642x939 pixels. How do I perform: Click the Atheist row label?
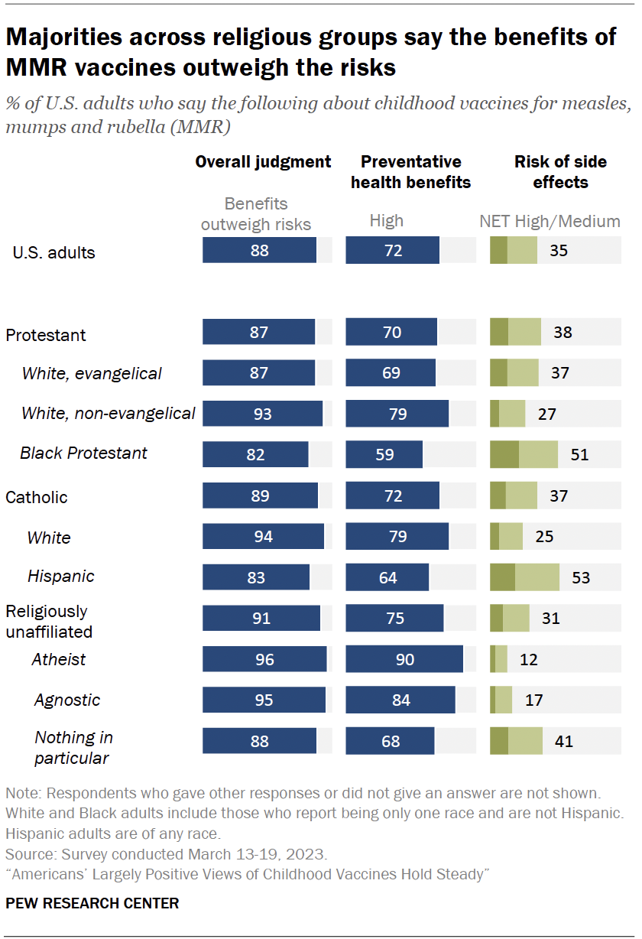click(59, 659)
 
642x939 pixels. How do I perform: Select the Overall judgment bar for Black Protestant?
click(255, 453)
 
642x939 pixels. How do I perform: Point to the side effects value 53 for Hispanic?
click(581, 577)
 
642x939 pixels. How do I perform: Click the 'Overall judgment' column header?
click(263, 161)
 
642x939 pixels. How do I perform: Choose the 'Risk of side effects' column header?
click(560, 172)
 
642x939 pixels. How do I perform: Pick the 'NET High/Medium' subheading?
click(550, 222)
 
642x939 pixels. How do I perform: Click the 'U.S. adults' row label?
click(54, 252)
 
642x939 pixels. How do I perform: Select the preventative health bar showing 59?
click(384, 453)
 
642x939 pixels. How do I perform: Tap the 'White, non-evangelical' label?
click(109, 414)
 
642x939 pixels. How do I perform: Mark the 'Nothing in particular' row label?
click(73, 747)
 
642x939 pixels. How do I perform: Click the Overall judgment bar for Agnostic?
click(264, 700)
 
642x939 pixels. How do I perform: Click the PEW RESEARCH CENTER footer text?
click(92, 903)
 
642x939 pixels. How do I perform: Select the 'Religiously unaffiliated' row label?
click(49, 621)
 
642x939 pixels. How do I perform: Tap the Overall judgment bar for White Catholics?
click(263, 537)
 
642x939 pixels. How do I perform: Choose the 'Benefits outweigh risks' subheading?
click(256, 214)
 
